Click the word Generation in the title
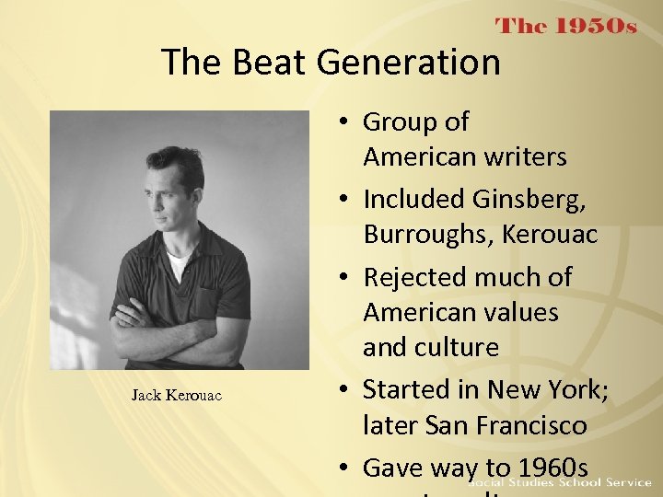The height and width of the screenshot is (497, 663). click(x=409, y=63)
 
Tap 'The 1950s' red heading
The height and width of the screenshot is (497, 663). click(x=566, y=26)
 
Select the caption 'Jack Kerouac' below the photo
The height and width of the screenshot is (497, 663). click(x=176, y=395)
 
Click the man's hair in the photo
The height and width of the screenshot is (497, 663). click(x=176, y=160)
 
